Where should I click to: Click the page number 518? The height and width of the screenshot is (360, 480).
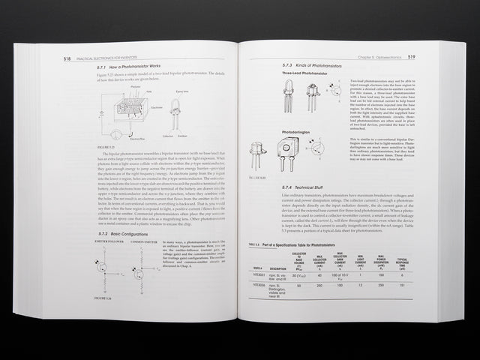point(67,57)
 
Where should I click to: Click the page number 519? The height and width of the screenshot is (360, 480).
point(412,56)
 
